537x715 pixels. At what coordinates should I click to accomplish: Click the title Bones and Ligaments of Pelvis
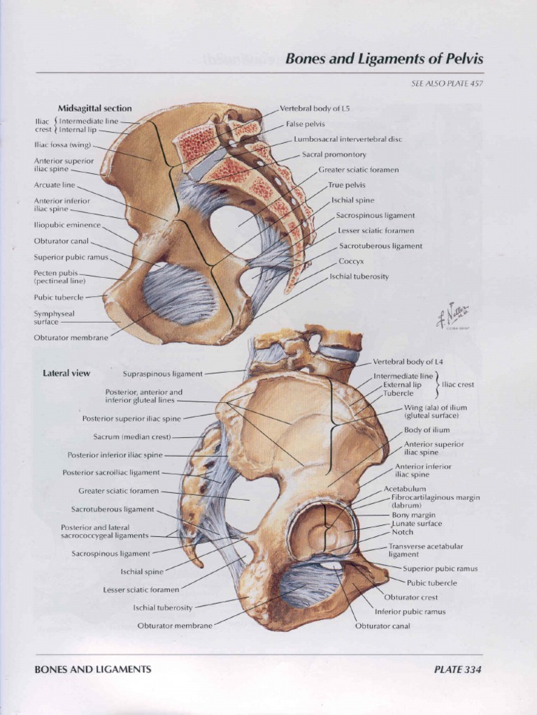(384, 59)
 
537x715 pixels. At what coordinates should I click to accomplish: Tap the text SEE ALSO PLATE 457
(447, 84)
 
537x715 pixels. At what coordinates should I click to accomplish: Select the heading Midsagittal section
(94, 108)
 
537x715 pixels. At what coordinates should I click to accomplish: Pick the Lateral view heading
(66, 373)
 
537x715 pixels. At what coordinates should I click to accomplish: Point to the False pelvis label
(306, 124)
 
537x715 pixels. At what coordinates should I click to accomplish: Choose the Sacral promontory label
(334, 154)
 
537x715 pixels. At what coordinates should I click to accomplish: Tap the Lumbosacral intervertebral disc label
(348, 139)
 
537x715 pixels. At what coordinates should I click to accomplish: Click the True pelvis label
(347, 185)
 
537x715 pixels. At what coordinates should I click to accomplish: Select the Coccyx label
(350, 260)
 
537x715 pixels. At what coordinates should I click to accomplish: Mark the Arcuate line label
(54, 185)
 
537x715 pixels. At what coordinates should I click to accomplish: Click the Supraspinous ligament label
(162, 374)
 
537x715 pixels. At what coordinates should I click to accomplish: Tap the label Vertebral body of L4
(408, 362)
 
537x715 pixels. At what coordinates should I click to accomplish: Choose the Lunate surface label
(417, 524)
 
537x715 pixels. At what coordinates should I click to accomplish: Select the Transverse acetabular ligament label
(425, 550)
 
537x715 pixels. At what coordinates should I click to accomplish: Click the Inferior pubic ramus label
(410, 612)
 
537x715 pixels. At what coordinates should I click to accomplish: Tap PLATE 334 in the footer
(457, 669)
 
